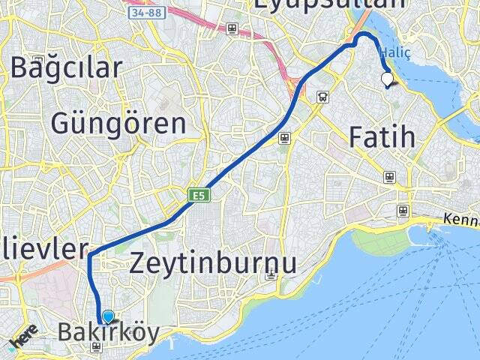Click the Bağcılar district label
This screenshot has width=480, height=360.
[66, 67]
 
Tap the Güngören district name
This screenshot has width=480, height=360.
[118, 124]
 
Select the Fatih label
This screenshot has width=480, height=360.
[382, 137]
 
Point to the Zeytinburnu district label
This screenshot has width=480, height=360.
[213, 263]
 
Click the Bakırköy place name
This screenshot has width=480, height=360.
[109, 332]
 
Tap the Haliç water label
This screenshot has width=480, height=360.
[394, 52]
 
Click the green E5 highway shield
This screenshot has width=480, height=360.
[199, 196]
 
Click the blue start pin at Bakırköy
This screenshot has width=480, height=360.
[109, 318]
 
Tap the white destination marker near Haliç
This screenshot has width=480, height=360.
[388, 78]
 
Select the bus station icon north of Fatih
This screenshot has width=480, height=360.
[322, 96]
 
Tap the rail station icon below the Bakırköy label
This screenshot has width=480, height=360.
[96, 347]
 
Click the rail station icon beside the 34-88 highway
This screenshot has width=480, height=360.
[232, 29]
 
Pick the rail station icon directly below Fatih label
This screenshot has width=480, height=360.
[389, 177]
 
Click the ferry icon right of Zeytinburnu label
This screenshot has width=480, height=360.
[271, 275]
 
